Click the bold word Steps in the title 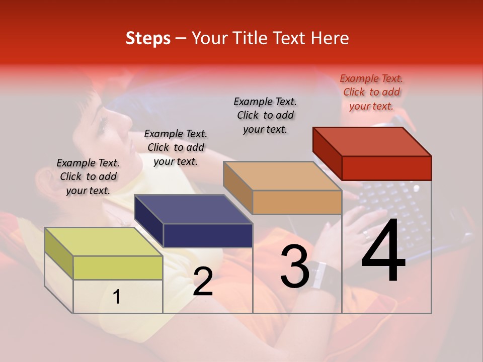tap(148, 39)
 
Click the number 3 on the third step tap(294, 267)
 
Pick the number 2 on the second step tap(203, 282)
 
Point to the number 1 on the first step tap(117, 297)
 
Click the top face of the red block tap(372, 141)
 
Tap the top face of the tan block tap(282, 176)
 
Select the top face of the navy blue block tap(193, 209)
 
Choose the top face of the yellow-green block tap(103, 242)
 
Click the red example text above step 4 tap(371, 92)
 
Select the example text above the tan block tap(265, 115)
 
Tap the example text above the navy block tap(176, 148)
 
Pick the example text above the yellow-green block tap(88, 176)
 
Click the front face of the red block tap(386, 168)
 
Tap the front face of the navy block tap(208, 235)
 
